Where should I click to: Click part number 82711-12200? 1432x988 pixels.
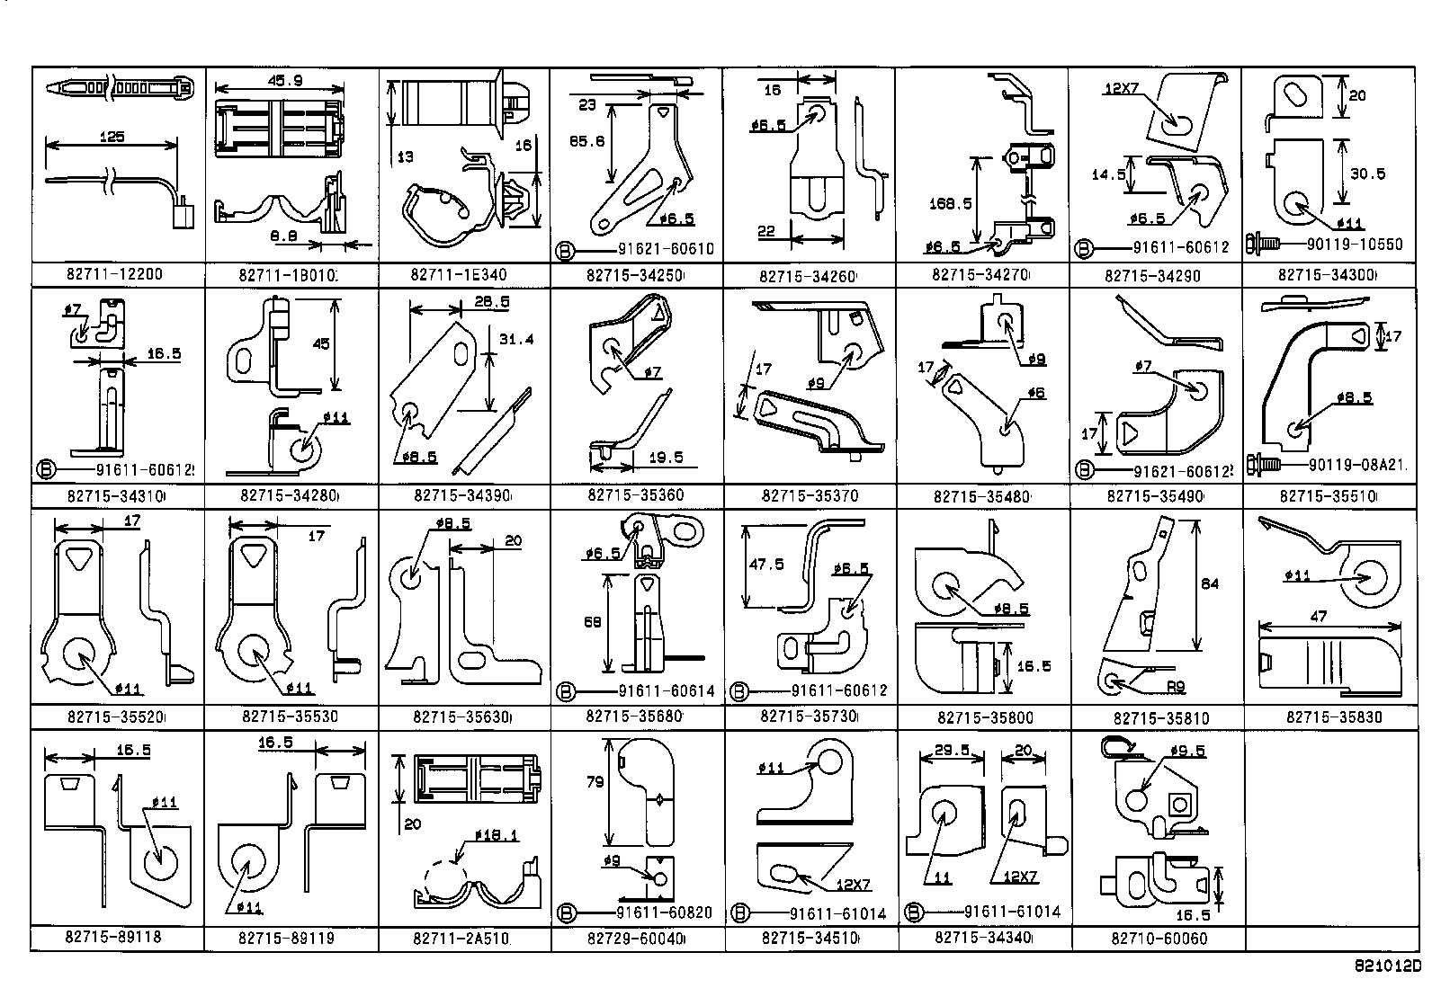click(114, 273)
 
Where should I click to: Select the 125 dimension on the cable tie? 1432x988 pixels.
click(112, 138)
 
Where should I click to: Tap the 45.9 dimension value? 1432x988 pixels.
click(284, 80)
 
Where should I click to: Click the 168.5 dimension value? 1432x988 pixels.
click(952, 203)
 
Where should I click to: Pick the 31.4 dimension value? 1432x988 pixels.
click(516, 339)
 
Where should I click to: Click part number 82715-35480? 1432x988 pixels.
click(981, 496)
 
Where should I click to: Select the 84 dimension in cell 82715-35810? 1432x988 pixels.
click(1210, 583)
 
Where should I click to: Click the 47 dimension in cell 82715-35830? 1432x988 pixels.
click(1318, 618)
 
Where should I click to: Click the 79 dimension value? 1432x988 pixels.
click(595, 782)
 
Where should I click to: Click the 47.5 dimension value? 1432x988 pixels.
click(766, 564)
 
